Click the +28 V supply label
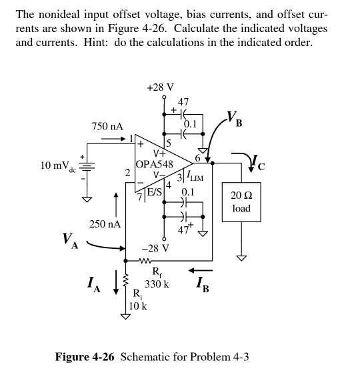click(x=160, y=87)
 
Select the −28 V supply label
click(x=155, y=248)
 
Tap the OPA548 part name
click(x=154, y=164)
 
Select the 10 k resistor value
click(x=138, y=306)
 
